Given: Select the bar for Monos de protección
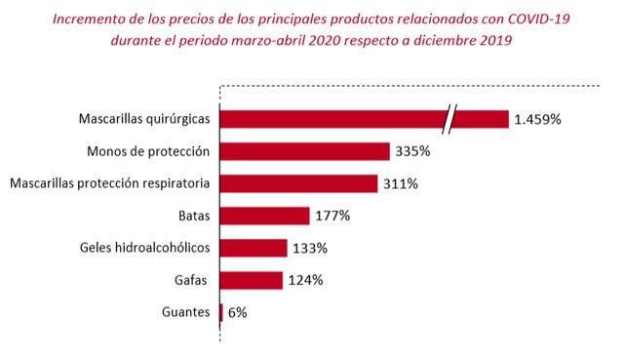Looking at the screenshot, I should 305,151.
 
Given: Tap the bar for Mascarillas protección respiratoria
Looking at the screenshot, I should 299,183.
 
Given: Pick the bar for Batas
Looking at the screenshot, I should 265,216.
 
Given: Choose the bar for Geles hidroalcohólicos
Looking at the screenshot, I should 253,248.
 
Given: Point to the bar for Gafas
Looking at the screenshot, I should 252,280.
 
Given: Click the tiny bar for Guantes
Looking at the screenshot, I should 222,312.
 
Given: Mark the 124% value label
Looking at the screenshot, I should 304,280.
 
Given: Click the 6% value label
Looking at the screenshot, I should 238,312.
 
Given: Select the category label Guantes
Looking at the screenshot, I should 186,312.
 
